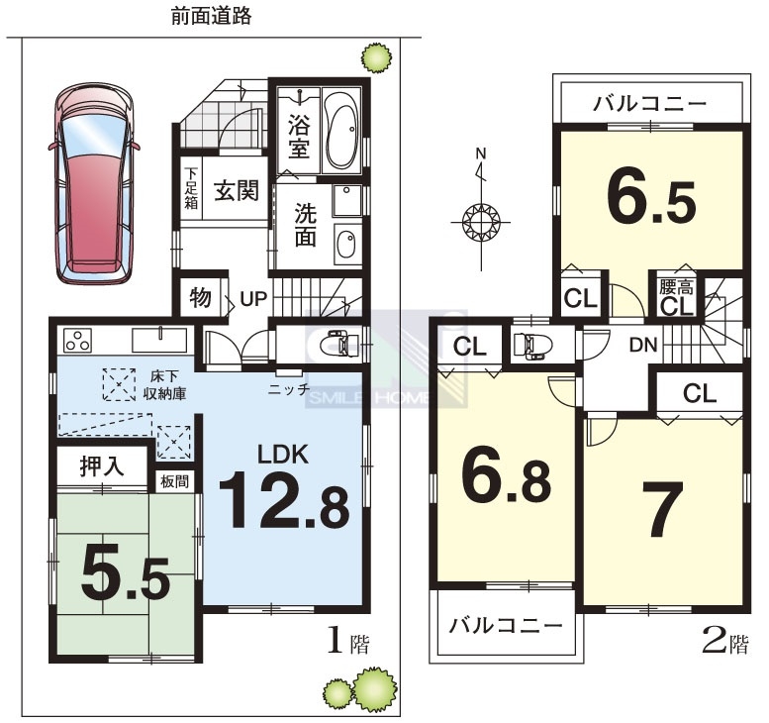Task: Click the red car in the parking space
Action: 94,183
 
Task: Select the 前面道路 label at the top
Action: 211,16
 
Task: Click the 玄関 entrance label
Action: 237,190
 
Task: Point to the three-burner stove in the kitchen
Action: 78,340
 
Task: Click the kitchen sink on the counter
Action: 159,340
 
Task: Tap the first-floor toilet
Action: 340,344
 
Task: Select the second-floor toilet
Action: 532,344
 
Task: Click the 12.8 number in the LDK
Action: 283,500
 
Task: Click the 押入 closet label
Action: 102,465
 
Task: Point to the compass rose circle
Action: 481,223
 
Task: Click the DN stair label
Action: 643,345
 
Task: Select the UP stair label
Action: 253,298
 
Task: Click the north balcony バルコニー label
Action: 650,104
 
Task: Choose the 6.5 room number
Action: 651,201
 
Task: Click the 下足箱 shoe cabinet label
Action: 191,188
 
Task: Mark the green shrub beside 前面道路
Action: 377,57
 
